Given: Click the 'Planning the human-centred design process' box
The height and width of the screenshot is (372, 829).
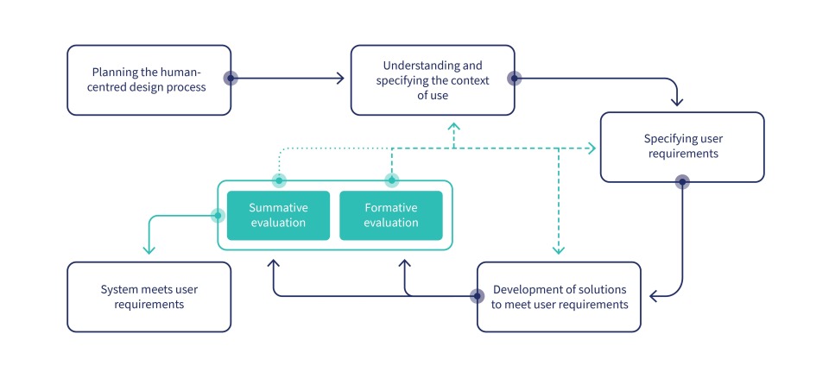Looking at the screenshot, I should point(149,79).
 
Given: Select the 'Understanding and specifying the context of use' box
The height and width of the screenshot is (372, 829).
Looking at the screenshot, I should point(432,79).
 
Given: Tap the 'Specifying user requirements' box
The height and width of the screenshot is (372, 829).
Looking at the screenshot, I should point(681,147).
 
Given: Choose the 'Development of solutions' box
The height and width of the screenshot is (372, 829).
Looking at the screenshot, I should point(559,297).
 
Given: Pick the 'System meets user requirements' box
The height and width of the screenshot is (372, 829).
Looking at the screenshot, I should point(149,297).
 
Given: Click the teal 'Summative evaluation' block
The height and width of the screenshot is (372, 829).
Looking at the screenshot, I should point(278,216).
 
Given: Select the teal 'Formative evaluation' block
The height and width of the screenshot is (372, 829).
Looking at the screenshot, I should point(391,216).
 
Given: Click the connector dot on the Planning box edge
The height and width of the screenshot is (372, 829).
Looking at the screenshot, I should point(231,79).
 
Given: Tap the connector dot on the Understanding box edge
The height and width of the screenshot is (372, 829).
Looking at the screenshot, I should point(514,79).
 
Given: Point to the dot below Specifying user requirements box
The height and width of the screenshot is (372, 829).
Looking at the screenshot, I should point(682,182).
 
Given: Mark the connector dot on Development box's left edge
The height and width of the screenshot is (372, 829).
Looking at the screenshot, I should point(478,296).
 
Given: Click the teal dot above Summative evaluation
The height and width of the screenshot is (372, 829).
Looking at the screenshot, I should point(278,180).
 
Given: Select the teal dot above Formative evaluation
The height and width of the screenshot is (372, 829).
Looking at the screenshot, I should point(391,180).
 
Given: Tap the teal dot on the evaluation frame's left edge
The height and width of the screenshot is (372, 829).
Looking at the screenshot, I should point(218,215).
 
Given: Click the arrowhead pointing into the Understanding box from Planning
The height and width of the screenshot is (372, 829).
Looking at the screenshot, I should point(339,79).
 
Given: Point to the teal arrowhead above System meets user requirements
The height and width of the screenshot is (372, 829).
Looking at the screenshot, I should point(149,249).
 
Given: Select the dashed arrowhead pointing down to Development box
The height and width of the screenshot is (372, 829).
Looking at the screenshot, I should point(559,250).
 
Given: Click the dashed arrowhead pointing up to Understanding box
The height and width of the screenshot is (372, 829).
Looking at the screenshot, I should point(453,126).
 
